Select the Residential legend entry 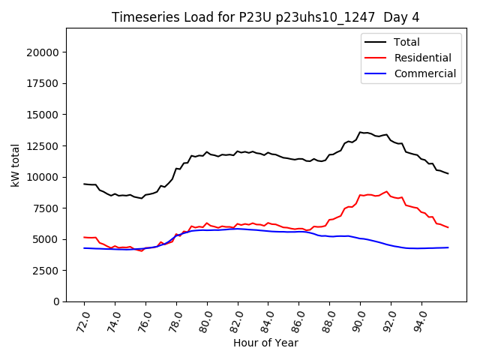422,58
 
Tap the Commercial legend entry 424,73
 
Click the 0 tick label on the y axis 58,301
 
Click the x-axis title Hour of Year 265,343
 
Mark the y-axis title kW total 15,165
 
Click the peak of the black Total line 360,132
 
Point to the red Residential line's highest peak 387,191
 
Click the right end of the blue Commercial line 448,247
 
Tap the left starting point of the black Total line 84,184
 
